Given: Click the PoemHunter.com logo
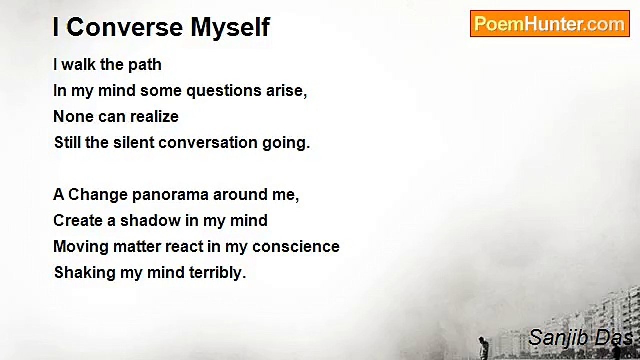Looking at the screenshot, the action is (550, 24).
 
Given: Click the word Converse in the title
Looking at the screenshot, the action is (125, 27).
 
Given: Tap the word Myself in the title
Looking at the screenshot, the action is (230, 27).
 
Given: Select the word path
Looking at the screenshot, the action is (145, 65).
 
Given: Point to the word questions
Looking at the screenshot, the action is (224, 91).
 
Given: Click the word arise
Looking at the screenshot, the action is (287, 91).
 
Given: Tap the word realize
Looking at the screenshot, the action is (154, 116).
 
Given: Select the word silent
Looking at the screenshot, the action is (134, 142).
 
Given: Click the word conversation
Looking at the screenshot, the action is (208, 143).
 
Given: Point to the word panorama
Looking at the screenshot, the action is (170, 195).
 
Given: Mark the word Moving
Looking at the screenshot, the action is (81, 247).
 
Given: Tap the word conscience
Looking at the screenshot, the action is (296, 247).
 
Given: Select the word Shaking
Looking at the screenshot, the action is (85, 273).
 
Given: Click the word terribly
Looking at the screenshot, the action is (217, 273).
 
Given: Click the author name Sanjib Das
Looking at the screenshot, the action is (580, 338).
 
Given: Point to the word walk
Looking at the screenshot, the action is (78, 65).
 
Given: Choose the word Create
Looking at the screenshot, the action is (78, 221).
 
